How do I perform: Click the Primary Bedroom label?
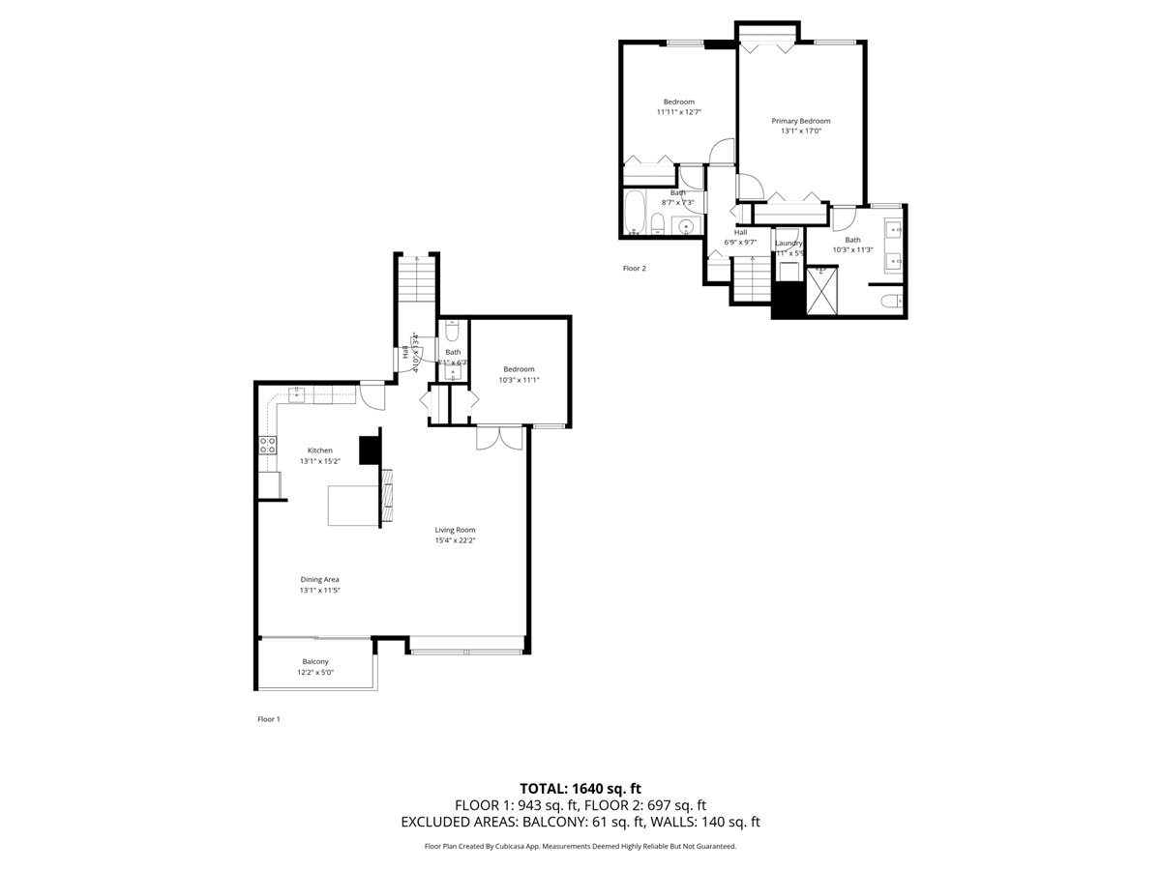click(x=800, y=121)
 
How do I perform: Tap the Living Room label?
click(x=455, y=530)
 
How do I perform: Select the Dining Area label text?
click(x=319, y=579)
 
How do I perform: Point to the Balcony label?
click(x=315, y=661)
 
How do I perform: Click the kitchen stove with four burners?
click(x=267, y=446)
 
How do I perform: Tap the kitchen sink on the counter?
click(x=299, y=392)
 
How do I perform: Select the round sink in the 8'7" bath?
click(x=686, y=227)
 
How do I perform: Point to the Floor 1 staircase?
click(x=416, y=280)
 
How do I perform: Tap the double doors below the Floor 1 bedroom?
click(x=498, y=437)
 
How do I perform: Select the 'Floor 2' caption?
click(x=634, y=269)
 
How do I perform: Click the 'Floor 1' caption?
click(x=268, y=719)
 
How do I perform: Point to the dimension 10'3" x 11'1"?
click(x=519, y=380)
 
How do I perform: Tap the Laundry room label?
click(x=789, y=243)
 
